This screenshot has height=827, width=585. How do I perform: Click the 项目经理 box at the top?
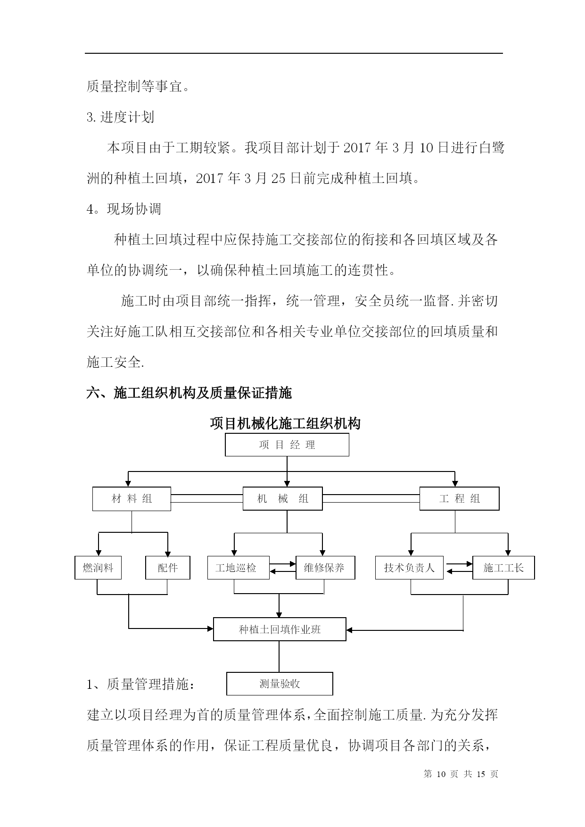click(287, 445)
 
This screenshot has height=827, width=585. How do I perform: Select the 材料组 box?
click(132, 499)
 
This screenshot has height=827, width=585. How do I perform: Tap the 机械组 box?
click(282, 499)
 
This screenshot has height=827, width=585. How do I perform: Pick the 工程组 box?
click(459, 499)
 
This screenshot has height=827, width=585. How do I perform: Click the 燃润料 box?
click(98, 568)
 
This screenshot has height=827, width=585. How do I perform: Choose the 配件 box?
click(168, 568)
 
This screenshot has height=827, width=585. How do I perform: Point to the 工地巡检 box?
click(239, 568)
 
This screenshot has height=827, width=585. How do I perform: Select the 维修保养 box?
click(325, 568)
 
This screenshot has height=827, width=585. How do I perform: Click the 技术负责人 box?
click(409, 568)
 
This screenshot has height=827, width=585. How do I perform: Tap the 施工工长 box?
click(503, 568)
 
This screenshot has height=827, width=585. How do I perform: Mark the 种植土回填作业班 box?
click(280, 629)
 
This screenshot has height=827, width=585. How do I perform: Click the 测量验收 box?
click(280, 684)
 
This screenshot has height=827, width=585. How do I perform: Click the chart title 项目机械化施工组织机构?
click(286, 423)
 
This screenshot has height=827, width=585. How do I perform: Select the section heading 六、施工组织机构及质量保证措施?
click(189, 393)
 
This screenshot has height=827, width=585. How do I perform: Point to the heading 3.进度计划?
click(121, 117)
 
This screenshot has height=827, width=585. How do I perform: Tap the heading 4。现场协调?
click(124, 209)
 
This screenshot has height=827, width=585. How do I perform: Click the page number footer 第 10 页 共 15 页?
click(461, 774)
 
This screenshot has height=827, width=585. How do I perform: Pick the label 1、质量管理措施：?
click(140, 684)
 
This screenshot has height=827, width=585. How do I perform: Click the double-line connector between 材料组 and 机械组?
click(207, 499)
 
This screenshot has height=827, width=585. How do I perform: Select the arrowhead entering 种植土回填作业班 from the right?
click(350, 630)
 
